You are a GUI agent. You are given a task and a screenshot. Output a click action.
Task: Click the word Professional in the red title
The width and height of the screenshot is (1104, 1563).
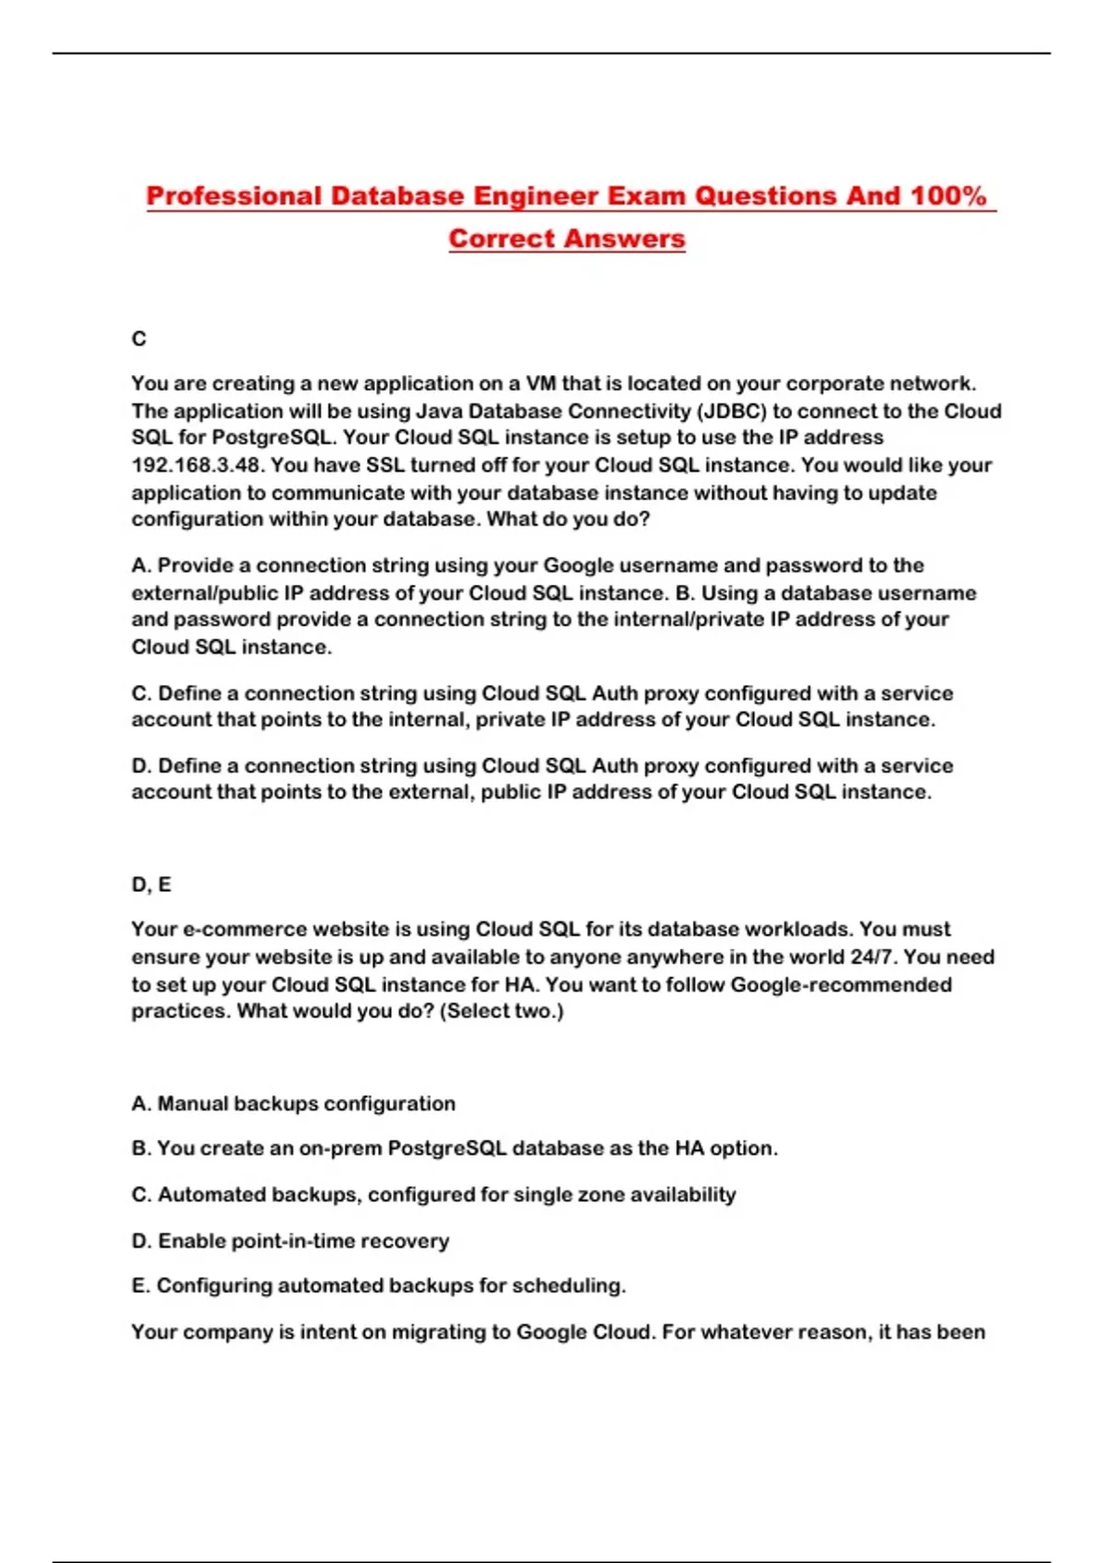[234, 196]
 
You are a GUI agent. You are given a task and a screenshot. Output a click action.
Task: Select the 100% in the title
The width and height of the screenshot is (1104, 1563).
[949, 196]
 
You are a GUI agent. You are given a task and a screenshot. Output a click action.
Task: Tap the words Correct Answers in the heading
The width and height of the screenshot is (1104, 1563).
[567, 238]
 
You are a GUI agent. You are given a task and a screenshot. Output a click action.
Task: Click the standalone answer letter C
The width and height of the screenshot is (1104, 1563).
[139, 339]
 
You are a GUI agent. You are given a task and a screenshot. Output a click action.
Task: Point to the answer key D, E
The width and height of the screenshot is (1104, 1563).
[151, 884]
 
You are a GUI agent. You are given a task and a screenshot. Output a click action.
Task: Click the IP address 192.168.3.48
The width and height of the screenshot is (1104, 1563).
[195, 465]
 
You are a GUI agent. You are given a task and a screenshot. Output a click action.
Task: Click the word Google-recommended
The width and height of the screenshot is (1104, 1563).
[841, 985]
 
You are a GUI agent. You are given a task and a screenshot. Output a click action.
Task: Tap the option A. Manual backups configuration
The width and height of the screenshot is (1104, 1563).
[293, 1103]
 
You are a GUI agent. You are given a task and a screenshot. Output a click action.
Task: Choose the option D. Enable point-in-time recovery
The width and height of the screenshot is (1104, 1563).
[291, 1241]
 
